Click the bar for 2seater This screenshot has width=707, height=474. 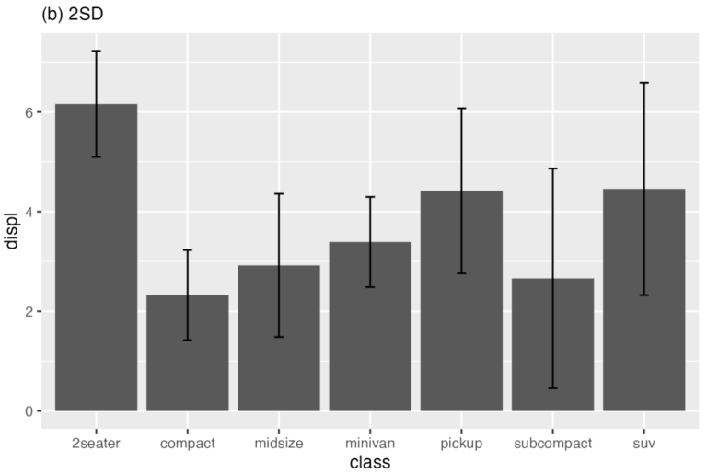pos(96,276)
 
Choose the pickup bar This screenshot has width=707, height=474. pos(461,313)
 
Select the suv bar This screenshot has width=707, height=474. pos(643,313)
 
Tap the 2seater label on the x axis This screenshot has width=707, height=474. pos(96,443)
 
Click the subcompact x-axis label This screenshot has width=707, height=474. pos(552,443)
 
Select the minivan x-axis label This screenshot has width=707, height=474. pos(370,443)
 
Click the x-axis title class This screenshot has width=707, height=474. pos(370,463)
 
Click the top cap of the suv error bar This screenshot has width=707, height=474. pos(643,83)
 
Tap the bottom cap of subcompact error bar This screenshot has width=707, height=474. pos(552,388)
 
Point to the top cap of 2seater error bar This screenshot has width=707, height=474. pos(96,51)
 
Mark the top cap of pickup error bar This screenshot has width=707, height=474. pos(461,109)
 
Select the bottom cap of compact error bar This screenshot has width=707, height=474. pos(187,341)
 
